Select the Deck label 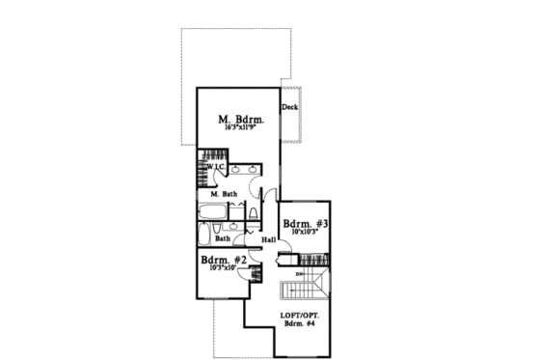(x=288, y=108)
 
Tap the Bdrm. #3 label (x=305, y=223)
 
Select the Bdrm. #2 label (x=224, y=261)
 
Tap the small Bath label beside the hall (x=222, y=238)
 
